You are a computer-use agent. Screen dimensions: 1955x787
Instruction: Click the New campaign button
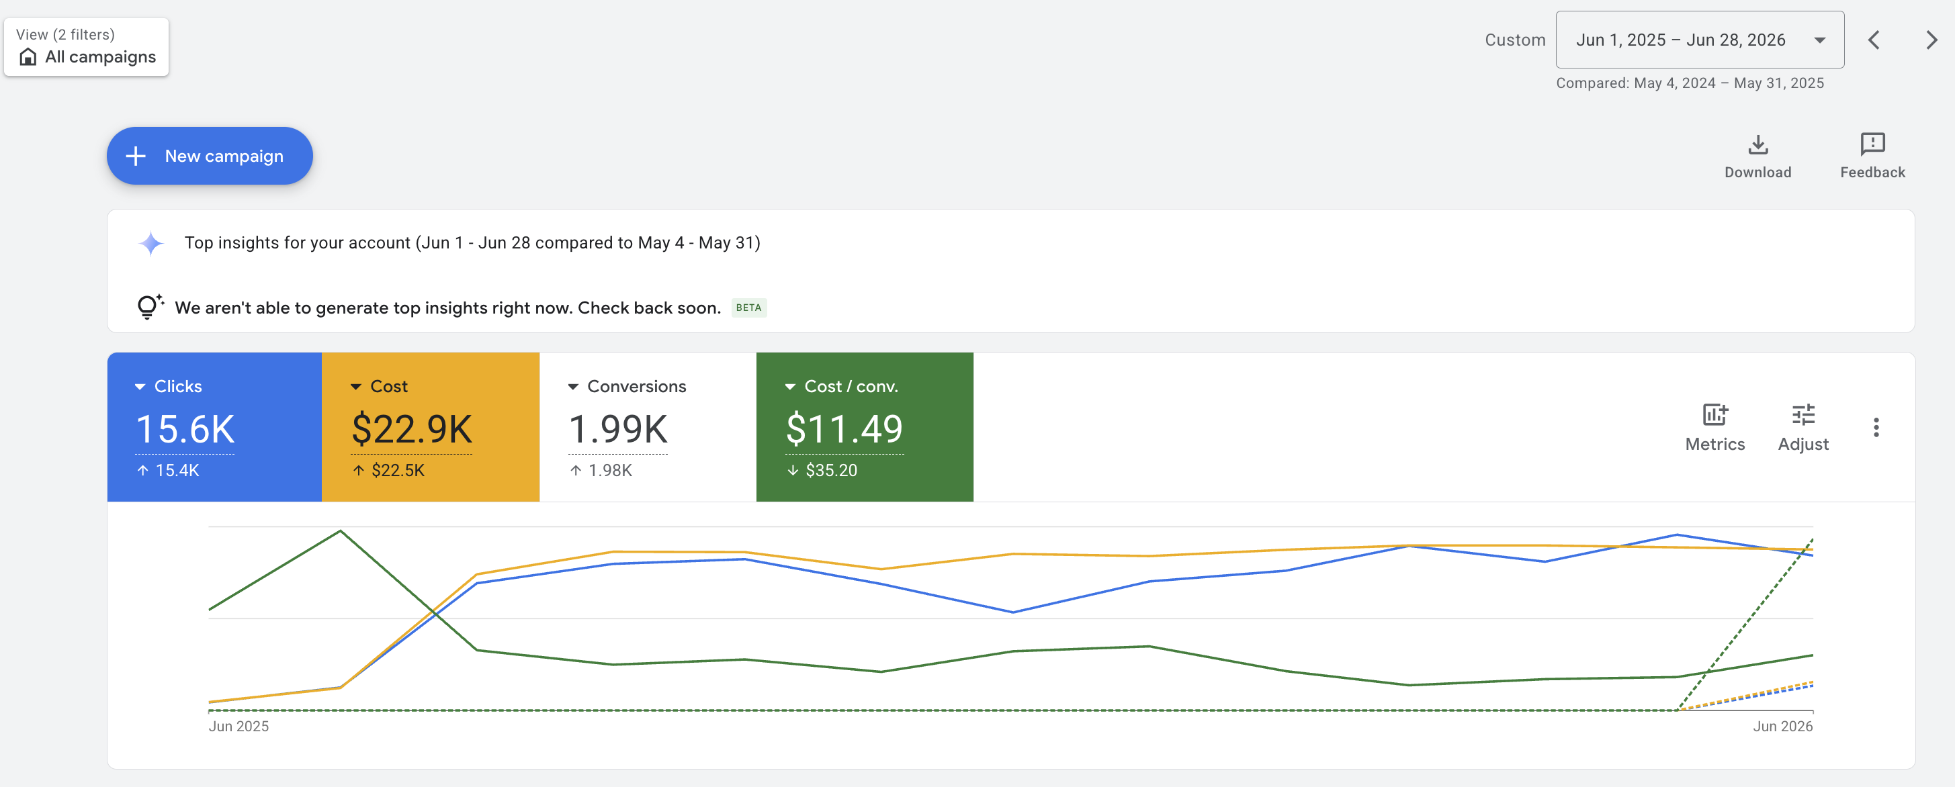tap(210, 156)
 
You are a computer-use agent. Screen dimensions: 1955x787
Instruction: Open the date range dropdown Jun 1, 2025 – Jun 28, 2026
tap(1699, 40)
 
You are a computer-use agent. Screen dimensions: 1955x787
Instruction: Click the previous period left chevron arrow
tap(1874, 40)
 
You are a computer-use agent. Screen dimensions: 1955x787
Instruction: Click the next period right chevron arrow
tap(1931, 40)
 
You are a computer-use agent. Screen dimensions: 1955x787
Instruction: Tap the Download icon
tap(1757, 144)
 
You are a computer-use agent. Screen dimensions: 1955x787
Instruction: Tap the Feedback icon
tap(1872, 144)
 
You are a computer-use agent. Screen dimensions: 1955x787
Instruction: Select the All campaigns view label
tap(100, 57)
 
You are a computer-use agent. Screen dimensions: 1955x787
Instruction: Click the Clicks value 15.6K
tap(185, 430)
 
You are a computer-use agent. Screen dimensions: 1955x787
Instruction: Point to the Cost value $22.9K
tap(412, 430)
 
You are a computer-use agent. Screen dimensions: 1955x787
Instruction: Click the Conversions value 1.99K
tap(618, 430)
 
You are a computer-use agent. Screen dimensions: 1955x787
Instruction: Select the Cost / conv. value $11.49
tap(844, 429)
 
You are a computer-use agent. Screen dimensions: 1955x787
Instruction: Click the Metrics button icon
tap(1715, 414)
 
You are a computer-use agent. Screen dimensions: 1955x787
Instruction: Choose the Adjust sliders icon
tap(1803, 414)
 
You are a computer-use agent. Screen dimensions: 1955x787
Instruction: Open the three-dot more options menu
tap(1876, 427)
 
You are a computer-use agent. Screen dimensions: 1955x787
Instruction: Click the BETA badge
tap(748, 308)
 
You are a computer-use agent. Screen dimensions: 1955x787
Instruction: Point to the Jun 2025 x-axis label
tap(238, 727)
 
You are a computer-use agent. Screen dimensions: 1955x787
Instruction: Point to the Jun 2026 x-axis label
tap(1783, 727)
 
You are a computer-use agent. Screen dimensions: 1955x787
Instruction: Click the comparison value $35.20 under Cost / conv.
tap(831, 471)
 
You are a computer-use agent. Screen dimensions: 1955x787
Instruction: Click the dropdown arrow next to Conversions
tap(573, 387)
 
